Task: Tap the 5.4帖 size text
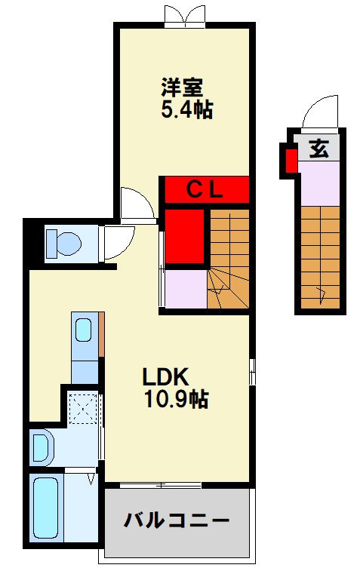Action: [x=186, y=110]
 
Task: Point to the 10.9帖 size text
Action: [x=177, y=399]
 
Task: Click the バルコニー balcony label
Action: [x=177, y=520]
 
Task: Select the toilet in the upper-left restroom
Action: [x=63, y=243]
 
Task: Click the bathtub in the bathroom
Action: [x=47, y=508]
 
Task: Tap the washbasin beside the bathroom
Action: [x=42, y=446]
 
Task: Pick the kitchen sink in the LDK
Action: [x=84, y=330]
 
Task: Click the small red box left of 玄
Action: [x=291, y=159]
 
